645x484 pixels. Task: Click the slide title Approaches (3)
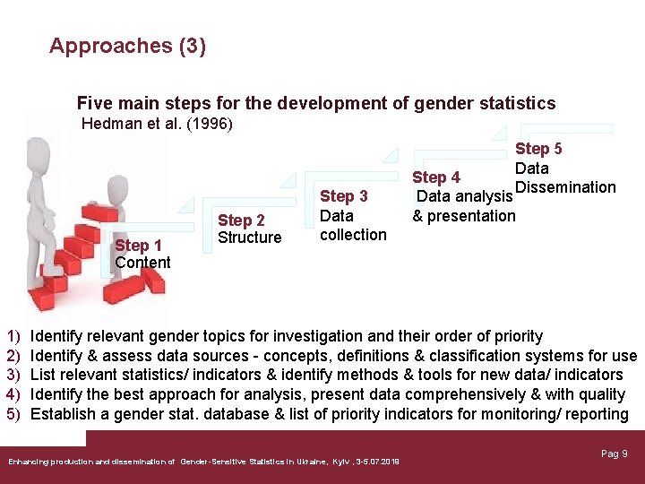(127, 46)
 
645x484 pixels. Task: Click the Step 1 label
(138, 246)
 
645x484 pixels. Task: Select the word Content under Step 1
(142, 263)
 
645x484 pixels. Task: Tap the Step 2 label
(241, 220)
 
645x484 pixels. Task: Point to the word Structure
(249, 238)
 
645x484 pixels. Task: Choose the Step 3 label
(343, 196)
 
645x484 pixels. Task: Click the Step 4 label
(436, 177)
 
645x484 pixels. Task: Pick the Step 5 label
(538, 149)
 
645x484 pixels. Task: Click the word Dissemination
(565, 187)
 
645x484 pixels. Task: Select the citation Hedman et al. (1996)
(157, 124)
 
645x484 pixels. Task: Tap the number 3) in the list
(13, 375)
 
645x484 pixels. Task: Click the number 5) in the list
(13, 414)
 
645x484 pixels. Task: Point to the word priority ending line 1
(515, 336)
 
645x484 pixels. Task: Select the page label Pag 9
(614, 454)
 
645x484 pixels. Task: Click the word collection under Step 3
(353, 235)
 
